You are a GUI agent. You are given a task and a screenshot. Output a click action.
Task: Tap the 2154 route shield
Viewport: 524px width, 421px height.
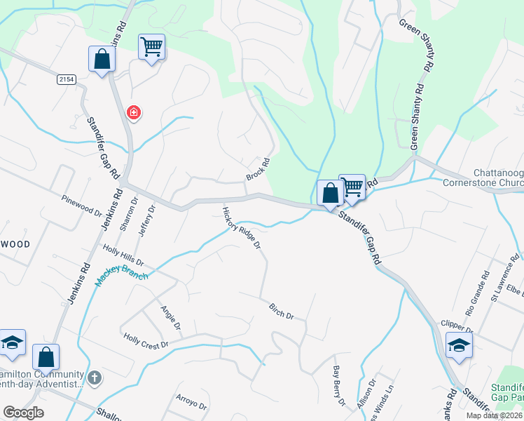click(67, 80)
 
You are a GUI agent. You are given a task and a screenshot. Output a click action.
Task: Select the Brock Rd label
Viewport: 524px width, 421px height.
click(258, 169)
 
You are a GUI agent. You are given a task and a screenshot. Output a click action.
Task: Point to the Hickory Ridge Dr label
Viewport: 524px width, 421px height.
click(242, 228)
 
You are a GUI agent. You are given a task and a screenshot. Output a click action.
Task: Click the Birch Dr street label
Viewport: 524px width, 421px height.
click(282, 310)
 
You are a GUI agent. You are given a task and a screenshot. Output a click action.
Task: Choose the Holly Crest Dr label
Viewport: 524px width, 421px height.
click(146, 341)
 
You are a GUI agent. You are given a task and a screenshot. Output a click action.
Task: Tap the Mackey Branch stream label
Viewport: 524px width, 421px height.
click(122, 276)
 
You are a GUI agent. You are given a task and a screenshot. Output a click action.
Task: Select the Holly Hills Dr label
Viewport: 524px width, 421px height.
click(123, 255)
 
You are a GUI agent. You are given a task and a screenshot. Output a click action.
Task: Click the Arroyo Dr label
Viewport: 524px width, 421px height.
click(191, 402)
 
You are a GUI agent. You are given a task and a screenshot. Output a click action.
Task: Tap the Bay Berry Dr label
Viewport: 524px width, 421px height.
click(339, 385)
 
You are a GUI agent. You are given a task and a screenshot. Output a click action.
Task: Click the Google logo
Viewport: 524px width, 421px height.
click(24, 413)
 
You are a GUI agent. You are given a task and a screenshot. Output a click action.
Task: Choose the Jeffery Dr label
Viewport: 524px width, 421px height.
click(146, 221)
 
